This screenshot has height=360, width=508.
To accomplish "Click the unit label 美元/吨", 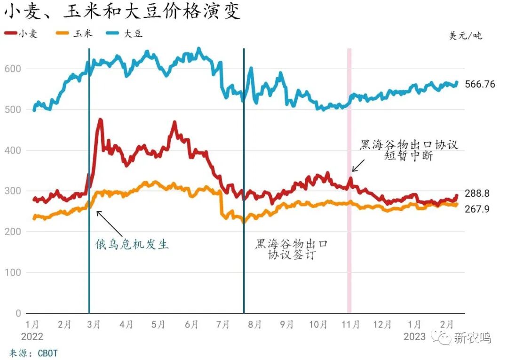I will (x=465, y=35).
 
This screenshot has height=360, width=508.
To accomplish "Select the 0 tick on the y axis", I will (x=18, y=313).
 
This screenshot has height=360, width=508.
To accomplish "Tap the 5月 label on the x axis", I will (x=159, y=325).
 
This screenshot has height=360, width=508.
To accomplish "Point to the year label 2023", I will (x=414, y=336).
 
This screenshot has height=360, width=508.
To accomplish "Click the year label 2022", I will (x=32, y=336).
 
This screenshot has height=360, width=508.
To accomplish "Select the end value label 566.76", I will (x=480, y=84).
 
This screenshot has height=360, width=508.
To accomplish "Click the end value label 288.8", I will (x=477, y=193).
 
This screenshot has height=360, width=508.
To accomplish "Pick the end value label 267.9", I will (x=477, y=208).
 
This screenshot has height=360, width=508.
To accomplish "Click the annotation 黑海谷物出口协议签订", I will (x=292, y=249).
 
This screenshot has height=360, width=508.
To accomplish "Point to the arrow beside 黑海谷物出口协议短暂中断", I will (x=358, y=165).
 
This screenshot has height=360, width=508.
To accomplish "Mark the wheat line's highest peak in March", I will (x=100, y=120).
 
